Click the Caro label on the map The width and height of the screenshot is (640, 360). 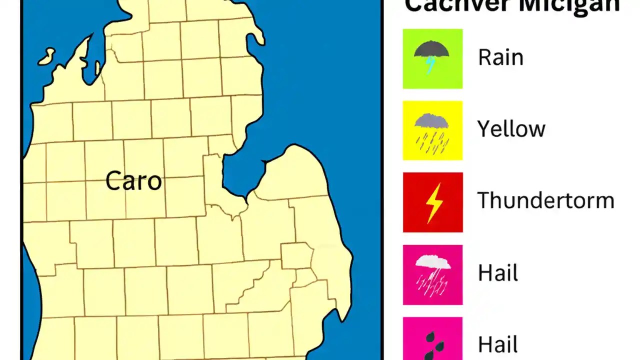pos(133,180)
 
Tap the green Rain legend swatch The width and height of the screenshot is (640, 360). pos(432,58)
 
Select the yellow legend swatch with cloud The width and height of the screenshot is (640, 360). pos(432,130)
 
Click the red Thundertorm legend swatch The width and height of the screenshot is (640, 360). pos(432,202)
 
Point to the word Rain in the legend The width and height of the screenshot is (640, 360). pos(500,57)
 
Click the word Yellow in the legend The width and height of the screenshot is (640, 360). pos(511,129)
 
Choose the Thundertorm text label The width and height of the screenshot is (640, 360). pos(545,200)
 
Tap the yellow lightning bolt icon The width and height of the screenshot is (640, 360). pos(433,202)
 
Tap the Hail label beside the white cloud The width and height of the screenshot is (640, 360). pos(497,273)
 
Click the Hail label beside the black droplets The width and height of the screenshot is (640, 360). pos(497,344)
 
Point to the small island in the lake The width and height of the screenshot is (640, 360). pos(46,55)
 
